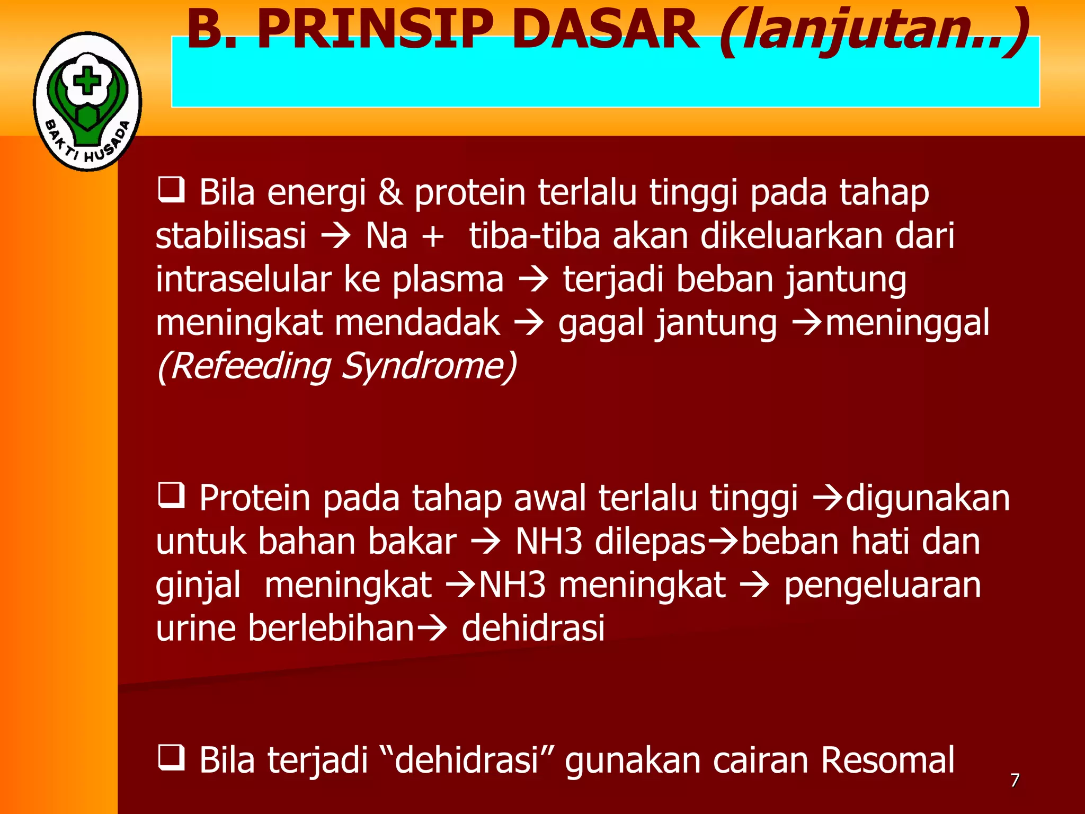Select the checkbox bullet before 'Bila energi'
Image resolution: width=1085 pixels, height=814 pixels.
[171, 190]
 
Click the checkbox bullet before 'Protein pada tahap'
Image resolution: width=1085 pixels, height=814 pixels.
[171, 496]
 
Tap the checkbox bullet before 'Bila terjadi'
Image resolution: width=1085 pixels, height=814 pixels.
[171, 757]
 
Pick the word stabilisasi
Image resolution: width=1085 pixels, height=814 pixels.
[231, 236]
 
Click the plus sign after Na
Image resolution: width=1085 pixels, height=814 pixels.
[433, 236]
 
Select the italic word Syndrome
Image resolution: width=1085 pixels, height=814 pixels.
[428, 367]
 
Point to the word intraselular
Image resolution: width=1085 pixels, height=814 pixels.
[244, 279]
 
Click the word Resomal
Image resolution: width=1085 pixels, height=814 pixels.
[887, 760]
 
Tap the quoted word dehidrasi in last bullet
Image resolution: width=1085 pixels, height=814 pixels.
[466, 760]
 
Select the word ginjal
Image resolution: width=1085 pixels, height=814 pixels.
[198, 586]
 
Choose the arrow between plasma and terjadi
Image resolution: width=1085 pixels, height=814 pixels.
[533, 280]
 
